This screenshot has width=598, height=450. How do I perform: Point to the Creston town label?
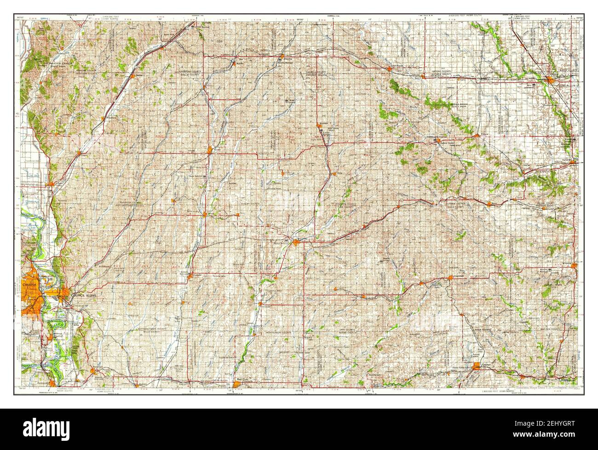coord(486,365)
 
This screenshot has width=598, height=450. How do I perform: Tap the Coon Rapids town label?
coord(403,66)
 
